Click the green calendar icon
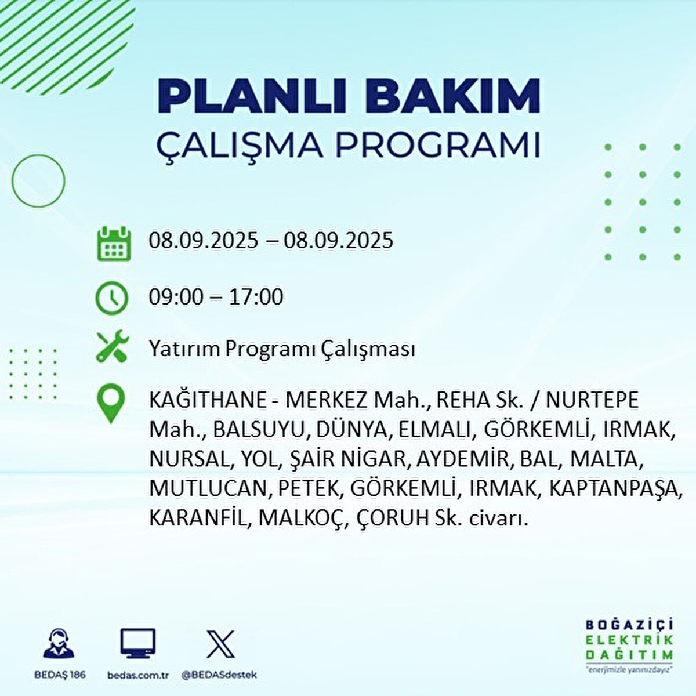[x=114, y=244]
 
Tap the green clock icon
[x=111, y=299]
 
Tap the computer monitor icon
[x=137, y=643]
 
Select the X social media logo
[x=220, y=644]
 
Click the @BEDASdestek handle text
[x=220, y=675]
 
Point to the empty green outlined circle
[x=13, y=180]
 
